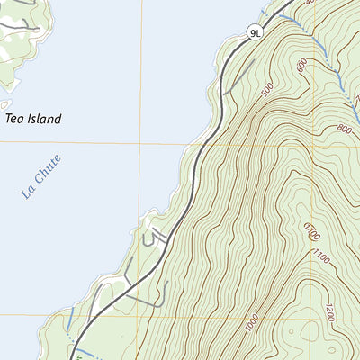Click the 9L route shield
click(256, 33)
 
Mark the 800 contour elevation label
click(342, 129)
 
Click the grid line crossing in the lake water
click(140, 142)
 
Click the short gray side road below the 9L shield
click(236, 80)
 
